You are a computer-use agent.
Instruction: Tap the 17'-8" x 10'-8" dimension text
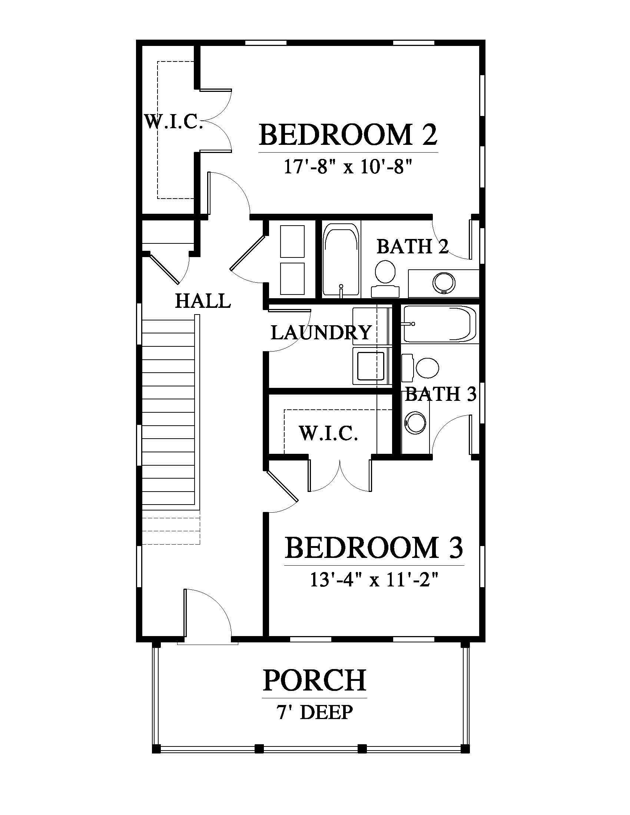coord(348,167)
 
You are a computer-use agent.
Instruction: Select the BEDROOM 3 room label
coord(374,548)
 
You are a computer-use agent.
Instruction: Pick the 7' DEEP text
coord(315,712)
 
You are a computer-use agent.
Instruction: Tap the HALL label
coord(203,301)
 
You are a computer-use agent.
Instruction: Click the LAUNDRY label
coord(321,333)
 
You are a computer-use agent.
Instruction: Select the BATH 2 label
coord(412,246)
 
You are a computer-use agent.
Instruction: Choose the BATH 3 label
coord(441,394)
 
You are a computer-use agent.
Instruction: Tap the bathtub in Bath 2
coord(341,260)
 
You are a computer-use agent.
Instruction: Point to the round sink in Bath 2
coord(444,284)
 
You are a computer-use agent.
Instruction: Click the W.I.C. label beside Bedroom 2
coord(173,122)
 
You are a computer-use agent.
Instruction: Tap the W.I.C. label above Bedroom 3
coord(328,434)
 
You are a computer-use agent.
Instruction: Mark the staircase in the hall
coord(171,429)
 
